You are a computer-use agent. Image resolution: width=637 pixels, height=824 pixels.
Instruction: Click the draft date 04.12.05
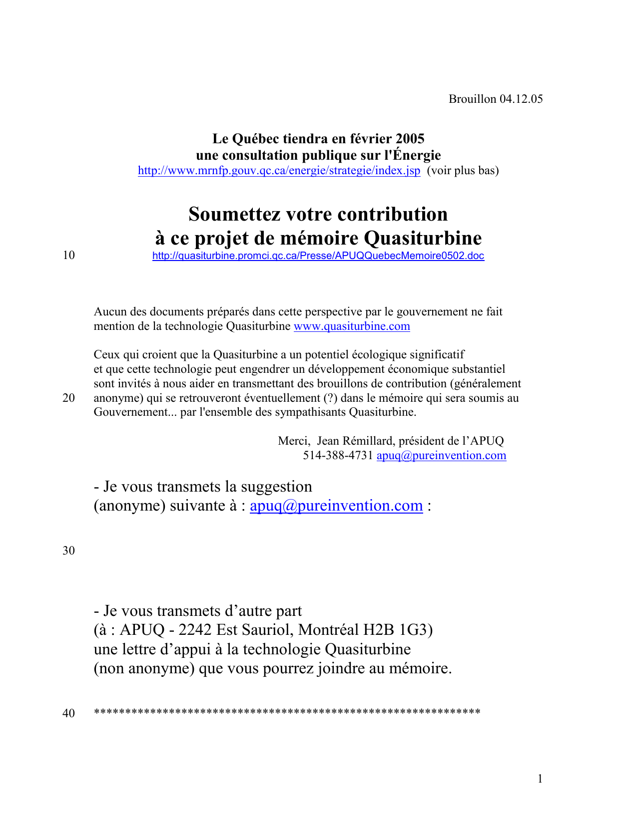(x=521, y=99)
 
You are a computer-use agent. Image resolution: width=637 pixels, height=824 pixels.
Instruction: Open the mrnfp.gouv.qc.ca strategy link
(x=279, y=171)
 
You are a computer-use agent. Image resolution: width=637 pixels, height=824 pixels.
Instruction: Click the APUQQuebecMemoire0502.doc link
(x=318, y=256)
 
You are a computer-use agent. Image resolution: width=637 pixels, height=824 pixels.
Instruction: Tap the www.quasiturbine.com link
(x=352, y=326)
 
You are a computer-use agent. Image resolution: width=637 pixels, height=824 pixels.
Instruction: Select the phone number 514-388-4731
(x=338, y=456)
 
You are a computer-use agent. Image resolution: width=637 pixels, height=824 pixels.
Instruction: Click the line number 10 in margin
(x=68, y=256)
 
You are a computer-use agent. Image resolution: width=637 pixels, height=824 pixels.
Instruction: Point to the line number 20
(x=68, y=398)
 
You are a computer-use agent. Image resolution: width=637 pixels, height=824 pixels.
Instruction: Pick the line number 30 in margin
(x=68, y=551)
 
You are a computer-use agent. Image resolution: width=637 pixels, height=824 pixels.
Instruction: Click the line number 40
(x=68, y=713)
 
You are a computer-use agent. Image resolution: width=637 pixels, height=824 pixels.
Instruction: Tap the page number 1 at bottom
(x=540, y=779)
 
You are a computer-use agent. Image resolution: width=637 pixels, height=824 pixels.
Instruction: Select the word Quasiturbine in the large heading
(x=423, y=238)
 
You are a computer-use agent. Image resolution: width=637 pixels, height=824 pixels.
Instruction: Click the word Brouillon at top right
(x=472, y=99)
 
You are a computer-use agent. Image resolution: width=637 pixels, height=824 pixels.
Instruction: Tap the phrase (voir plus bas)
(x=463, y=171)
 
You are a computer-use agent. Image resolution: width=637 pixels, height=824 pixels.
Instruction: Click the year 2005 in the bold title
(x=410, y=139)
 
